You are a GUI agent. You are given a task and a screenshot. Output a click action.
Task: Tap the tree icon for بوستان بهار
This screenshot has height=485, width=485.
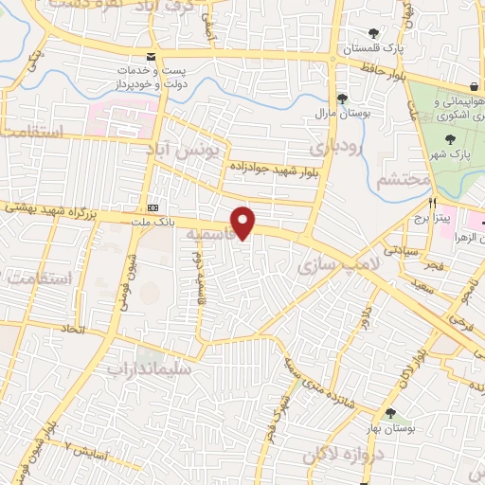pos(390,412)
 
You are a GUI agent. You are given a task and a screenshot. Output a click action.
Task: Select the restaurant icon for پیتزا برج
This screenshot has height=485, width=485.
pos(433,204)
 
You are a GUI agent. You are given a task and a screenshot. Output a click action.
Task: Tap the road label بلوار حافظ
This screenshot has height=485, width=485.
pos(382,66)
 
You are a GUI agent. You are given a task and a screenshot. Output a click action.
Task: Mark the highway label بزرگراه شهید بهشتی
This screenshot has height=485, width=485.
pos(57,207)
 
